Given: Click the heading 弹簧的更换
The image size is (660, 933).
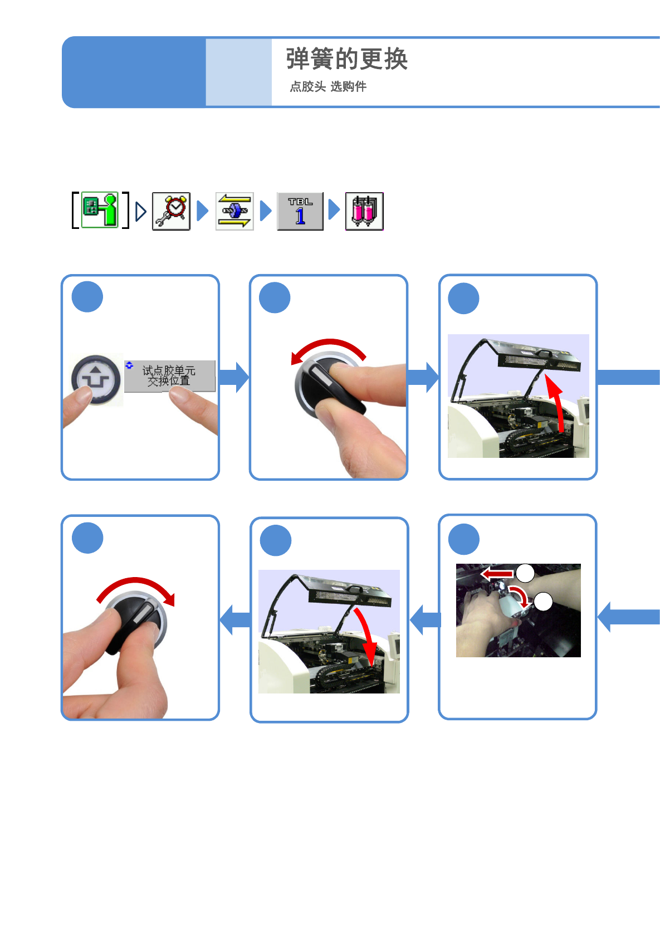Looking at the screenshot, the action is (346, 59).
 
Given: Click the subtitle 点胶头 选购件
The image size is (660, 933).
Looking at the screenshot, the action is (327, 86).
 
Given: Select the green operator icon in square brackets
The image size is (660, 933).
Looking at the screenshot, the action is (100, 210).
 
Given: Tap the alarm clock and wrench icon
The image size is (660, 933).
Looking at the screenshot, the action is (172, 211).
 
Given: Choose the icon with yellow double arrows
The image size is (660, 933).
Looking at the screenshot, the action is (234, 211).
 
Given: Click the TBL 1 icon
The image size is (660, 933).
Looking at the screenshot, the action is (300, 211).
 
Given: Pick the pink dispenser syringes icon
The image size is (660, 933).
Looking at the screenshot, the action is (364, 211).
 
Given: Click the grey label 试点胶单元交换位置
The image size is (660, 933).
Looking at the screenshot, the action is (169, 376).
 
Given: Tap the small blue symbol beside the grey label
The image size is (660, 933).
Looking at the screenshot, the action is (129, 365).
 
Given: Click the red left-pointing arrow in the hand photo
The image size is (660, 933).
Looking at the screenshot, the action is (497, 573).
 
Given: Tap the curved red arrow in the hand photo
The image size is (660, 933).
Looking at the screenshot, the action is (520, 596).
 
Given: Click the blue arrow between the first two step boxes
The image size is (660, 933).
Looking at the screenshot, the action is (234, 377).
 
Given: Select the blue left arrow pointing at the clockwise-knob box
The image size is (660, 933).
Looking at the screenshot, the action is (235, 619).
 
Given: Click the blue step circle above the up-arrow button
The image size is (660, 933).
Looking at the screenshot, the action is (87, 297).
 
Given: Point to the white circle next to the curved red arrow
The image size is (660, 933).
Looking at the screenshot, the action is (543, 602).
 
